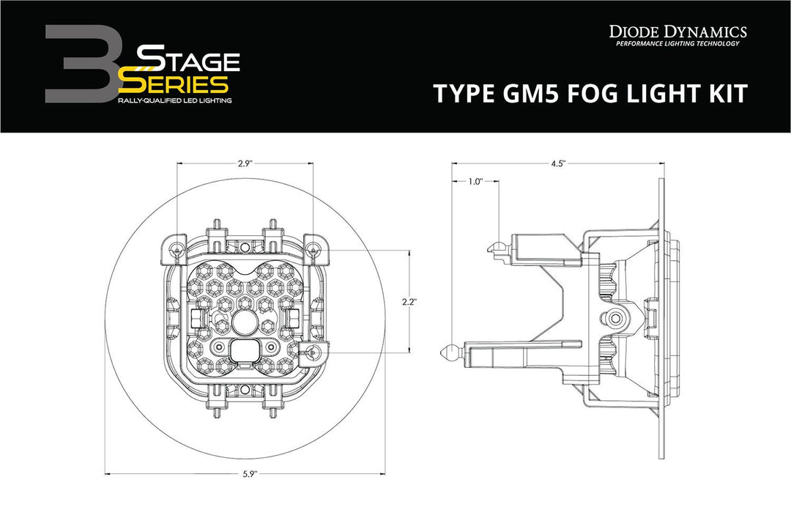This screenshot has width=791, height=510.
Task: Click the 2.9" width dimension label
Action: click(x=245, y=165)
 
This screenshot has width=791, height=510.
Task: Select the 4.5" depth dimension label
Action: click(x=558, y=165)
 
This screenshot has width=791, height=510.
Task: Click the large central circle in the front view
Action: click(x=245, y=320)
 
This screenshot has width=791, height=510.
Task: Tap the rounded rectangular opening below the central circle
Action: click(x=245, y=350)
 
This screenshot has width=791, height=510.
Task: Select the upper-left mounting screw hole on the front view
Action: click(x=177, y=251)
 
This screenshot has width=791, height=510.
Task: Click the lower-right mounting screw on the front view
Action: click(x=313, y=352)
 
